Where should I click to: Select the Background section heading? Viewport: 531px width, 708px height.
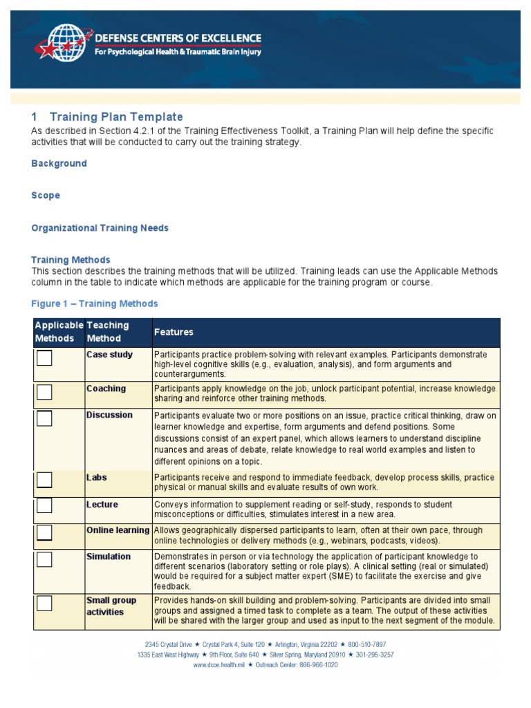(x=59, y=163)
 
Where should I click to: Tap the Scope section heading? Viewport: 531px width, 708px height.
(x=46, y=196)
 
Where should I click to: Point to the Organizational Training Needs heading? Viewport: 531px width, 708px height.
(x=100, y=227)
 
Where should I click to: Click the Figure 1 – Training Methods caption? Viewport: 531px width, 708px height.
(x=95, y=304)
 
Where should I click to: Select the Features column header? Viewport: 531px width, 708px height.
(x=174, y=332)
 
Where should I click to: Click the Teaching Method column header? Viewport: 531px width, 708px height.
(x=108, y=332)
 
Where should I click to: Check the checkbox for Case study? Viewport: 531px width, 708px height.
(x=44, y=358)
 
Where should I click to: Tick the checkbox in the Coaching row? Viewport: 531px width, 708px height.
(x=44, y=392)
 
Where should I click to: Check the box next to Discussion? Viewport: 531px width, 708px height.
(x=44, y=418)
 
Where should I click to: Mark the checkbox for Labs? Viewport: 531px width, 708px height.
(x=44, y=480)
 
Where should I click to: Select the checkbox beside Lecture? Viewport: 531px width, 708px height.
(x=44, y=505)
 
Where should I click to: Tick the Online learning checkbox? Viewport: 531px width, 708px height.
(x=44, y=532)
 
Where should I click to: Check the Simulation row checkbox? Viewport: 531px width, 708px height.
(x=44, y=559)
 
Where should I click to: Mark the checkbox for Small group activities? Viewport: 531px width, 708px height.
(x=44, y=603)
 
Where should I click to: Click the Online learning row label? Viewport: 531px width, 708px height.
(x=118, y=530)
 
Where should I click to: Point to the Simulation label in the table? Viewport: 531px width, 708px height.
(x=108, y=557)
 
